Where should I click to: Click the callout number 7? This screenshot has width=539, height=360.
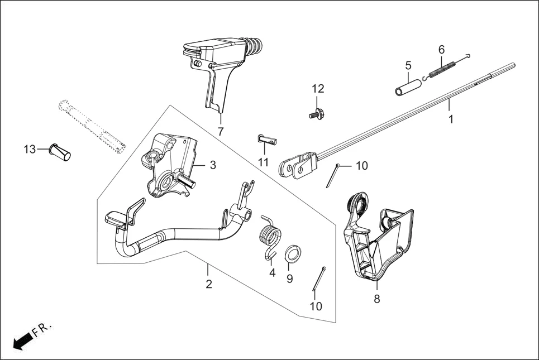coord(221,132)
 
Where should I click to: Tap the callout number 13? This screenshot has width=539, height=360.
coord(29,149)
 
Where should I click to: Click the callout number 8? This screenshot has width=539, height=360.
coord(377,299)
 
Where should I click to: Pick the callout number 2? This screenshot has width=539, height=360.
coord(208,284)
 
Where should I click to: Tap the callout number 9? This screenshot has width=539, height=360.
coord(289,279)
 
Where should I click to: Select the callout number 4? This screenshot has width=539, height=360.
coord(272,273)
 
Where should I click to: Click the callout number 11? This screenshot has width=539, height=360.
coord(263,162)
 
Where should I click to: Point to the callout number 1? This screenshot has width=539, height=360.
coord(451,119)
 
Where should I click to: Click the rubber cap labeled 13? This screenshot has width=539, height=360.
coord(59,152)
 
